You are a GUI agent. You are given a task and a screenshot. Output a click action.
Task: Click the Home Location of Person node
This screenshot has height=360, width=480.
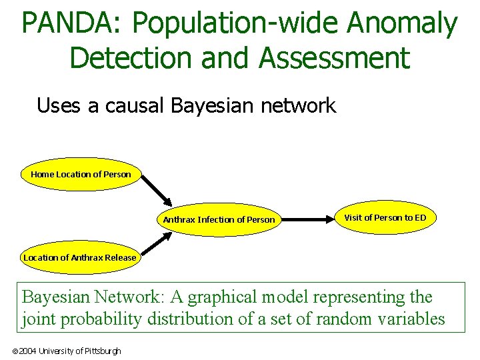pyautogui.click(x=81, y=175)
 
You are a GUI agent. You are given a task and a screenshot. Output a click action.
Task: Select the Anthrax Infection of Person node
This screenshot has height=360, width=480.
pyautogui.click(x=219, y=219)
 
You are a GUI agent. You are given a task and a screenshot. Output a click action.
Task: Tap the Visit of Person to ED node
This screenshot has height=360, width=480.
pyautogui.click(x=385, y=218)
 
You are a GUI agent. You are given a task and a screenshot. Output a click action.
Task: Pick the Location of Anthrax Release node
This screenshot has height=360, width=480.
pyautogui.click(x=79, y=257)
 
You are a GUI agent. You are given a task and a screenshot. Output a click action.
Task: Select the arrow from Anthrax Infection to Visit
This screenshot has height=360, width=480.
pyautogui.click(x=309, y=218)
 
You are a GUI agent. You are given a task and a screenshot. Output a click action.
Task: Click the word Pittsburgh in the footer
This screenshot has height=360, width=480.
pyautogui.click(x=103, y=351)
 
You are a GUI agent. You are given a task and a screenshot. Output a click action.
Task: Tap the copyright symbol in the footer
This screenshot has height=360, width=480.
pyautogui.click(x=15, y=351)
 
